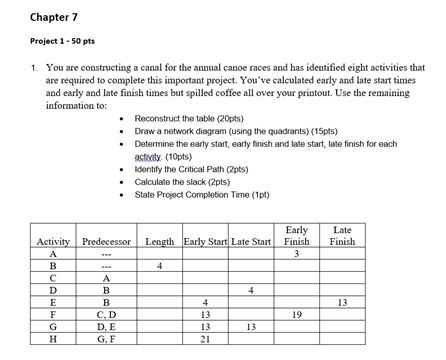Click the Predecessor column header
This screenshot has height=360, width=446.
[x=106, y=242]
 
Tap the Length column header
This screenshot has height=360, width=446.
[x=159, y=242]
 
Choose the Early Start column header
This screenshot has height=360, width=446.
[x=205, y=242]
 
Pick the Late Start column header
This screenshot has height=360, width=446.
[x=250, y=242]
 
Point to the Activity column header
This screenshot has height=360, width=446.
[x=52, y=242]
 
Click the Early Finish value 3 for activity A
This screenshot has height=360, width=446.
[x=296, y=254]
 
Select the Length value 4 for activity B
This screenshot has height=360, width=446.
[x=159, y=266]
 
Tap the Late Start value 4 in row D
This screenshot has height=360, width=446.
[x=250, y=290]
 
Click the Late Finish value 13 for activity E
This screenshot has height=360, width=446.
[x=342, y=302]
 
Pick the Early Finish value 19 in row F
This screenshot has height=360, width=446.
[x=296, y=314]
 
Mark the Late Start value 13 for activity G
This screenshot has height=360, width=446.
[x=250, y=326]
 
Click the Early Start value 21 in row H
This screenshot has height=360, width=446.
[x=205, y=338]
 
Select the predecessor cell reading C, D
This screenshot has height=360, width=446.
[x=106, y=314]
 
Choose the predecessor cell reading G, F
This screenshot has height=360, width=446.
[x=106, y=338]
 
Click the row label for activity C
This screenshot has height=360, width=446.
[x=52, y=278]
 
